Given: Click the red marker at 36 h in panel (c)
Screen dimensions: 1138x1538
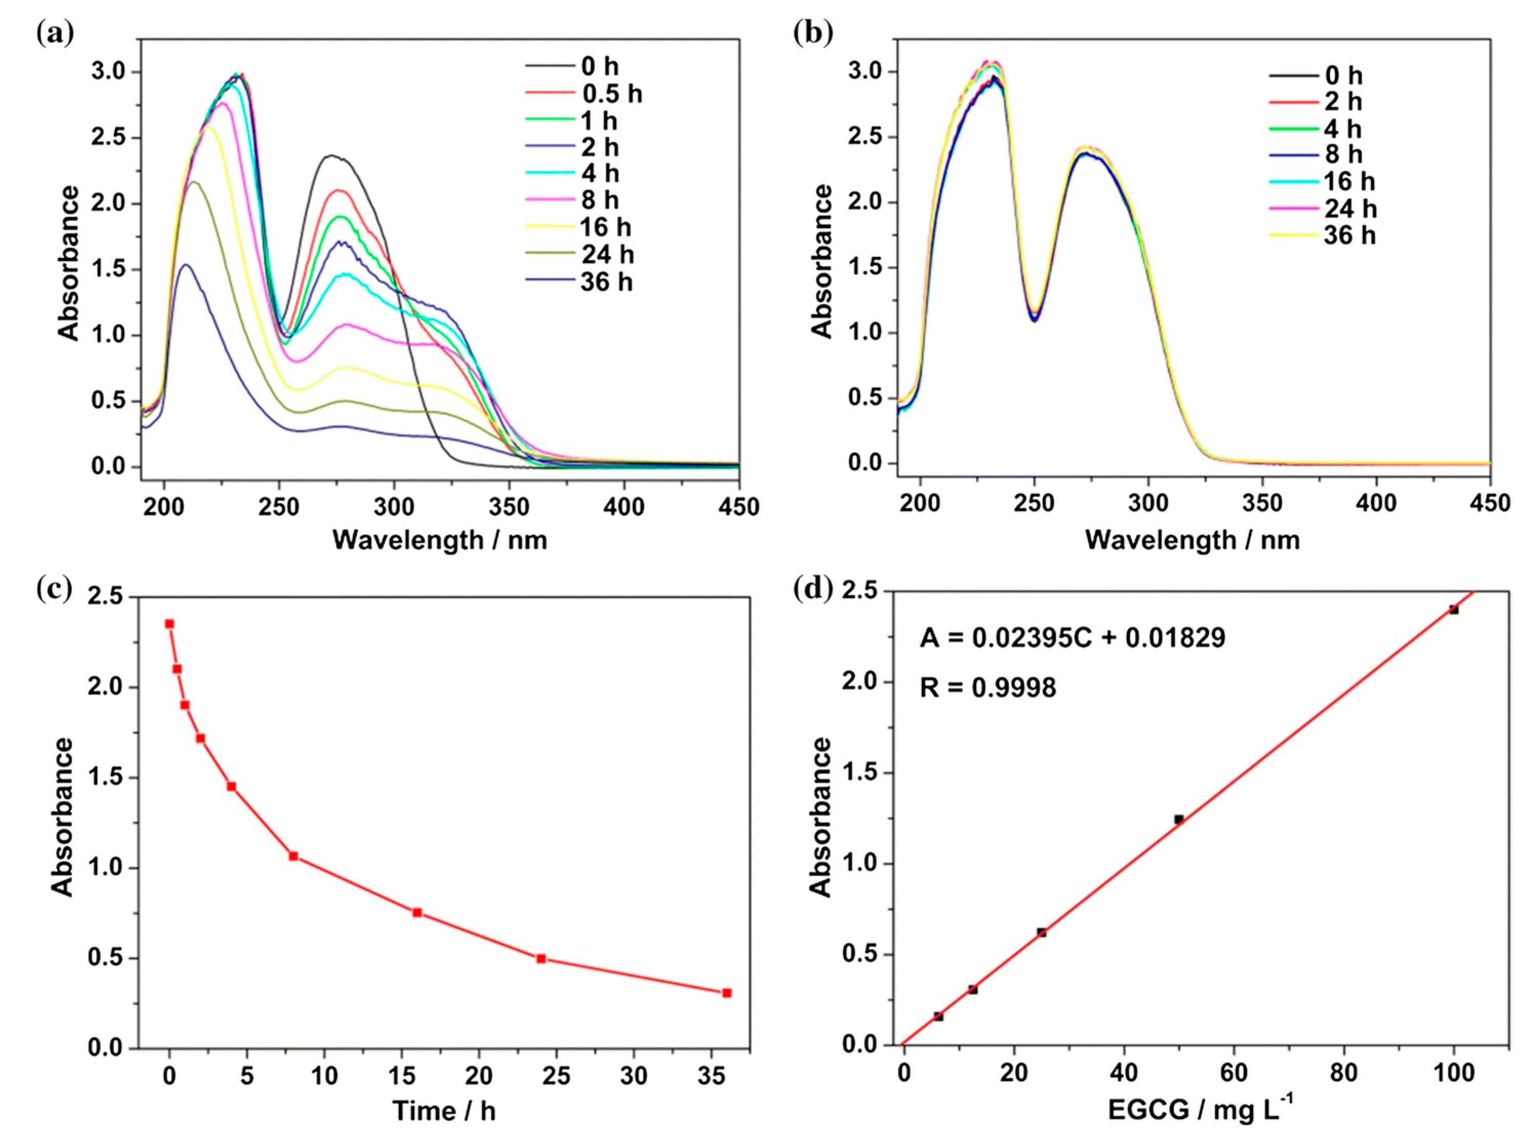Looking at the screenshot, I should coord(726,992).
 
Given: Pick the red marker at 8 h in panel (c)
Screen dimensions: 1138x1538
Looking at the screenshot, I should coord(294,856).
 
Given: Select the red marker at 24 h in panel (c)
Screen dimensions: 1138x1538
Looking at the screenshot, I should coord(541,958).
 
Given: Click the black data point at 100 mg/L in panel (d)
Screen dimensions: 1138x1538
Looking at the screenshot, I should coord(1454,609).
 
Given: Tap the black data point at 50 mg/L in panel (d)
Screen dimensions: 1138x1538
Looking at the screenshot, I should coord(1179,819).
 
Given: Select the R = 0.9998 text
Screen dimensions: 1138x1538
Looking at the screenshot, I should coord(988,688).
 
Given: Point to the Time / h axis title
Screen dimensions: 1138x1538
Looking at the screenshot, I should coord(444,1110).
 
